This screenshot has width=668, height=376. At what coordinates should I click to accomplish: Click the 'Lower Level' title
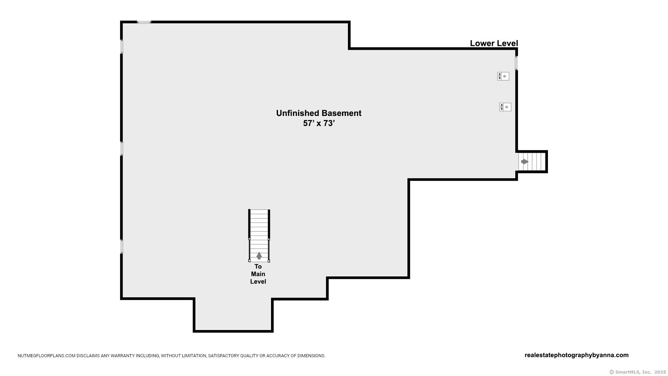[x=494, y=43]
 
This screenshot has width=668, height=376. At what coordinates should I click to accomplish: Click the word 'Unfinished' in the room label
[x=297, y=113]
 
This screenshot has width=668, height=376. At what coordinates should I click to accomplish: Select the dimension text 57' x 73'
[x=319, y=123]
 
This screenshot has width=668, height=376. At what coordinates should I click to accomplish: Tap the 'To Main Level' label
[x=258, y=274]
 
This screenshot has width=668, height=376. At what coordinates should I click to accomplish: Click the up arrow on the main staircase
[x=259, y=256]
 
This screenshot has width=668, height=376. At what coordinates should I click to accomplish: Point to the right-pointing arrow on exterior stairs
[x=525, y=162]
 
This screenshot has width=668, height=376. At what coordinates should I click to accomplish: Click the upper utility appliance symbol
[x=503, y=76]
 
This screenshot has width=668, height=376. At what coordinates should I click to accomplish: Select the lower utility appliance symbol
[x=505, y=107]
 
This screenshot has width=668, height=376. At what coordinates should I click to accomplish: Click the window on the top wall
[x=144, y=22]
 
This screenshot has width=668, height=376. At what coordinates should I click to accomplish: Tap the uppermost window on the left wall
[x=122, y=47]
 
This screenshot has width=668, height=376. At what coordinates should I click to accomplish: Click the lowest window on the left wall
[x=122, y=246]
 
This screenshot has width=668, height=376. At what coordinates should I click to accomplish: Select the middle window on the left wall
[x=122, y=148]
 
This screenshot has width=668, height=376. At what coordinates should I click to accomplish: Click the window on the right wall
[x=516, y=63]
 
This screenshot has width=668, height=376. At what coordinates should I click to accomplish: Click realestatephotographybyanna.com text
[x=576, y=355]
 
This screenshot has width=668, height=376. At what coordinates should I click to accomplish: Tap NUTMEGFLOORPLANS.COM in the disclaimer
[x=47, y=356]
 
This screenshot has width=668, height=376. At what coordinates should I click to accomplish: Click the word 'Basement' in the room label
[x=341, y=113]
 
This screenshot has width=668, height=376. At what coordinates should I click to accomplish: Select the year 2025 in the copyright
[x=660, y=372]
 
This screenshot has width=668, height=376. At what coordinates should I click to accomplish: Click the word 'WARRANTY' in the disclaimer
[x=111, y=356]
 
